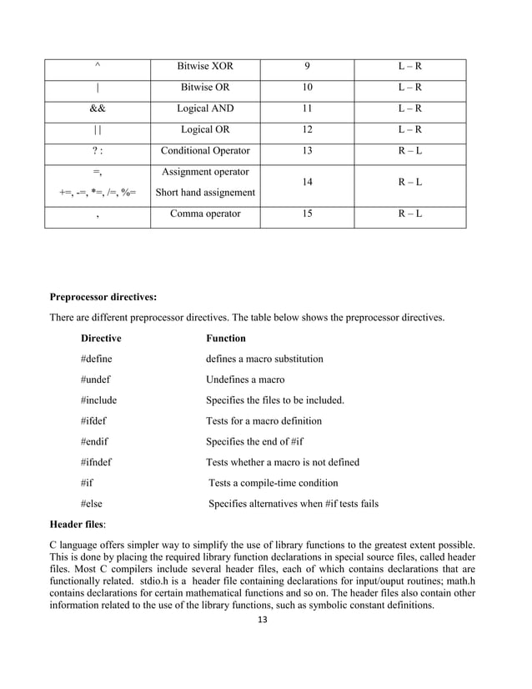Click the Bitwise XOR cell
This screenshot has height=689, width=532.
(205, 67)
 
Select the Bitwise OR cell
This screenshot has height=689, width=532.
(205, 88)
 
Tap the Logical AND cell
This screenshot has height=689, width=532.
(205, 108)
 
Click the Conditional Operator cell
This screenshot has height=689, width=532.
(205, 151)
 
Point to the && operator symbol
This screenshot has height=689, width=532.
(98, 108)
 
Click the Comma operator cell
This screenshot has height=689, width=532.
(205, 214)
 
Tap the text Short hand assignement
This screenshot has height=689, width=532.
(205, 193)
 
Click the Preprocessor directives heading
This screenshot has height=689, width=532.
(103, 296)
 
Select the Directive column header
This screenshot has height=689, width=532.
(101, 339)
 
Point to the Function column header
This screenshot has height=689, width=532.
(226, 339)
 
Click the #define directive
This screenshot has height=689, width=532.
(97, 359)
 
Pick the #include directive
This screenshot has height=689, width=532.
(98, 400)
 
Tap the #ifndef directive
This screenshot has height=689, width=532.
(98, 462)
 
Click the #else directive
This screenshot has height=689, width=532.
(92, 504)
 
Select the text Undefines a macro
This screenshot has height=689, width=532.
(245, 380)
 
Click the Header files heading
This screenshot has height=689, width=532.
(78, 525)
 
